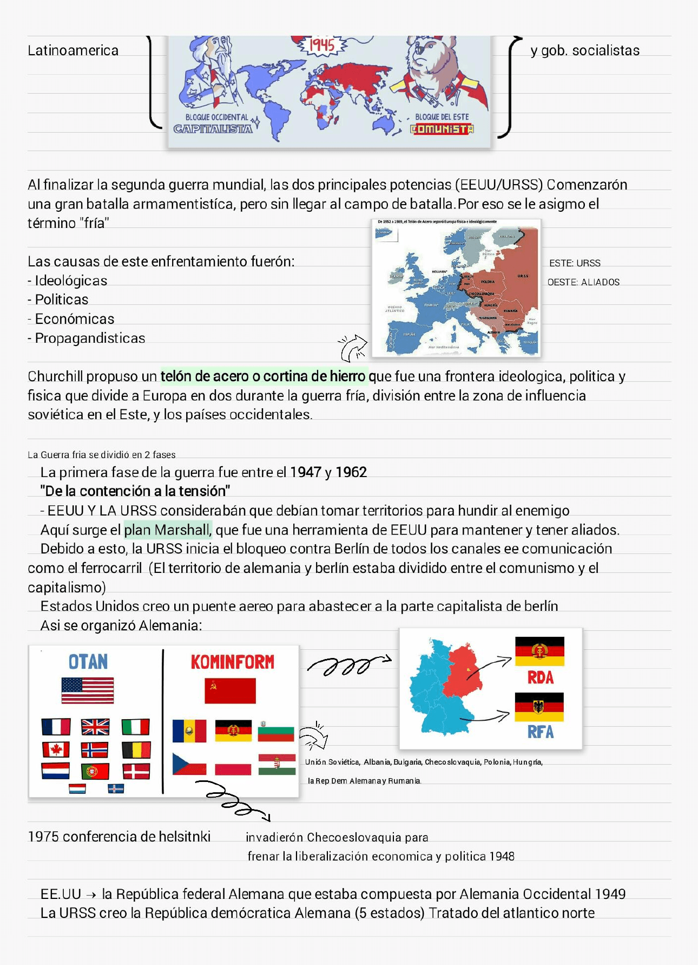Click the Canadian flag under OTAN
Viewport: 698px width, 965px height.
(x=56, y=749)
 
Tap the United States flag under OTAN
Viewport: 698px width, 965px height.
(x=88, y=690)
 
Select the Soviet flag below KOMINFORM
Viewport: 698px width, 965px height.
(x=230, y=691)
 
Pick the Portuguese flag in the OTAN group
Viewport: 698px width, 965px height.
(x=95, y=771)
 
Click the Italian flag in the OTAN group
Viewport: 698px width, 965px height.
(x=135, y=727)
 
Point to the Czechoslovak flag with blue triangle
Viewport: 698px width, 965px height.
(x=189, y=764)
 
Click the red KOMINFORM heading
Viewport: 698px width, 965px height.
(x=232, y=662)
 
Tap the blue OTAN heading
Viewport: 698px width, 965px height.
(x=88, y=662)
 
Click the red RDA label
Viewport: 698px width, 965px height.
(x=540, y=677)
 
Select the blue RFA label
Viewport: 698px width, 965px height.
(x=540, y=732)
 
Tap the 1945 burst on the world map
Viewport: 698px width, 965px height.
(x=321, y=45)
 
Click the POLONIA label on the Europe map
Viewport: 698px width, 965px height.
(x=488, y=282)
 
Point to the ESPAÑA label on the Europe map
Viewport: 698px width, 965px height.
(x=409, y=334)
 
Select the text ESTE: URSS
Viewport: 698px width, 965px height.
(x=575, y=263)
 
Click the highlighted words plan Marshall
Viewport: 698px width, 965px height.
(x=167, y=530)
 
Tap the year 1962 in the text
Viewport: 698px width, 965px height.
(x=351, y=472)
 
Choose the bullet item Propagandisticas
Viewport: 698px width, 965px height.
(x=90, y=338)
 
